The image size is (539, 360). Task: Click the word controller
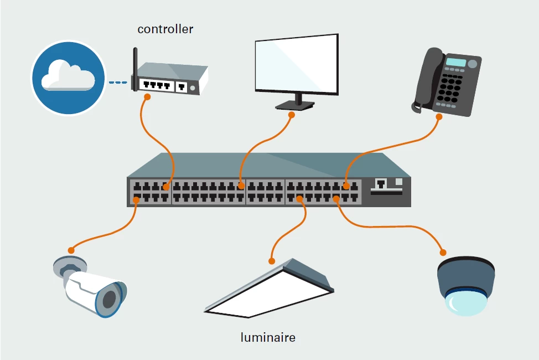[x=165, y=29]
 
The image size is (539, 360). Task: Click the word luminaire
[x=268, y=337]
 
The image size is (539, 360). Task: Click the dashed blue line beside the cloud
[x=118, y=83]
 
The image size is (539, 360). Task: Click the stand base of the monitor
[x=295, y=105]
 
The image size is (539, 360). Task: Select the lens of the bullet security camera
[x=109, y=300]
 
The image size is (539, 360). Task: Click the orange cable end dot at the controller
[x=147, y=97]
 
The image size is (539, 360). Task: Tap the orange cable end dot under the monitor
[x=292, y=115]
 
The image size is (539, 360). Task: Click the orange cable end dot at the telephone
[x=439, y=117]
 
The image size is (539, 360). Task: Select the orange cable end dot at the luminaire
[x=271, y=261]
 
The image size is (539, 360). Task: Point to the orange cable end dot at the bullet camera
[x=70, y=249]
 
